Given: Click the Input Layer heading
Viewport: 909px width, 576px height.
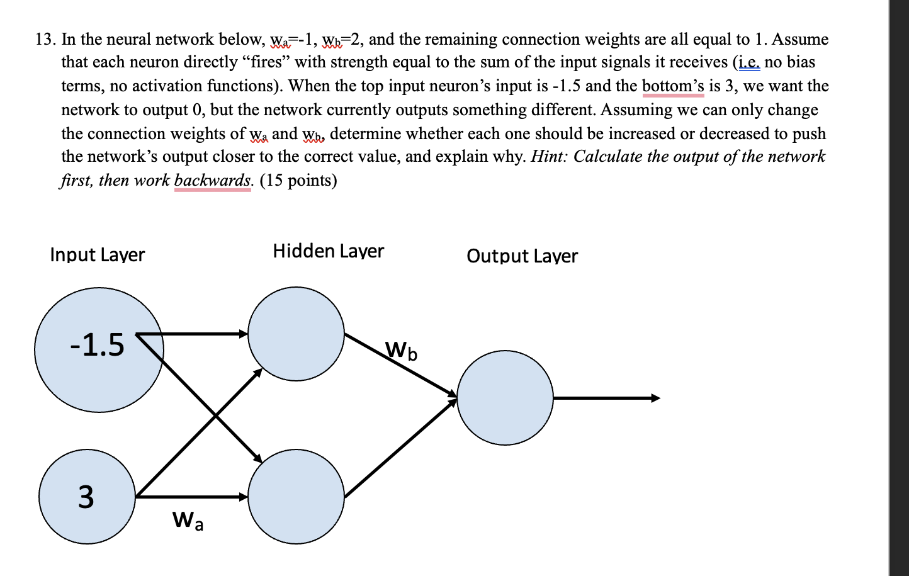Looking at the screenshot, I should click(98, 255).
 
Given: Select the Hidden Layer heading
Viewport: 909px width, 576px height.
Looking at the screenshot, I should click(328, 251).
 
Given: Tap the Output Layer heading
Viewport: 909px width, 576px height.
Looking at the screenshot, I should click(522, 256).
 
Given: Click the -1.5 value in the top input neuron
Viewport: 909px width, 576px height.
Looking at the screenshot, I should click(98, 345).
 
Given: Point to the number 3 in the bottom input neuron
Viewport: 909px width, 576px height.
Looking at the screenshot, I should click(86, 497).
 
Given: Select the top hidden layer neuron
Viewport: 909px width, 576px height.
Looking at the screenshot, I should click(296, 334).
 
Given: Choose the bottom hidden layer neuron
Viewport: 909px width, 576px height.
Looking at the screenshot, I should click(296, 497).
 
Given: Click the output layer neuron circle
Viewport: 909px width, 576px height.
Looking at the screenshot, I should click(505, 398).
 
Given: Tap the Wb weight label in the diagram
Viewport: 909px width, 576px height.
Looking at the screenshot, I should click(401, 350).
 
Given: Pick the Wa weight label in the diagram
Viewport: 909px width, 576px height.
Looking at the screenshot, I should click(188, 521).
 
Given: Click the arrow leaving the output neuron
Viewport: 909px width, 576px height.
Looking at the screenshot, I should click(606, 398).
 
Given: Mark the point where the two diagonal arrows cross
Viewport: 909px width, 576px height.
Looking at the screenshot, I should click(215, 415).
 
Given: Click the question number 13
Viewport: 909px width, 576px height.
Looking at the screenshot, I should click(45, 40).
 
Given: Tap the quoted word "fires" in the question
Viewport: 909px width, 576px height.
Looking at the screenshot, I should click(264, 62).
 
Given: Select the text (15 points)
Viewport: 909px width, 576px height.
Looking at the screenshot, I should click(298, 181).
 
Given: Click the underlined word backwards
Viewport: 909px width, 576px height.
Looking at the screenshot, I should click(213, 181).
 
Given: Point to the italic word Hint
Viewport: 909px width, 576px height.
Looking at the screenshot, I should click(549, 157).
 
